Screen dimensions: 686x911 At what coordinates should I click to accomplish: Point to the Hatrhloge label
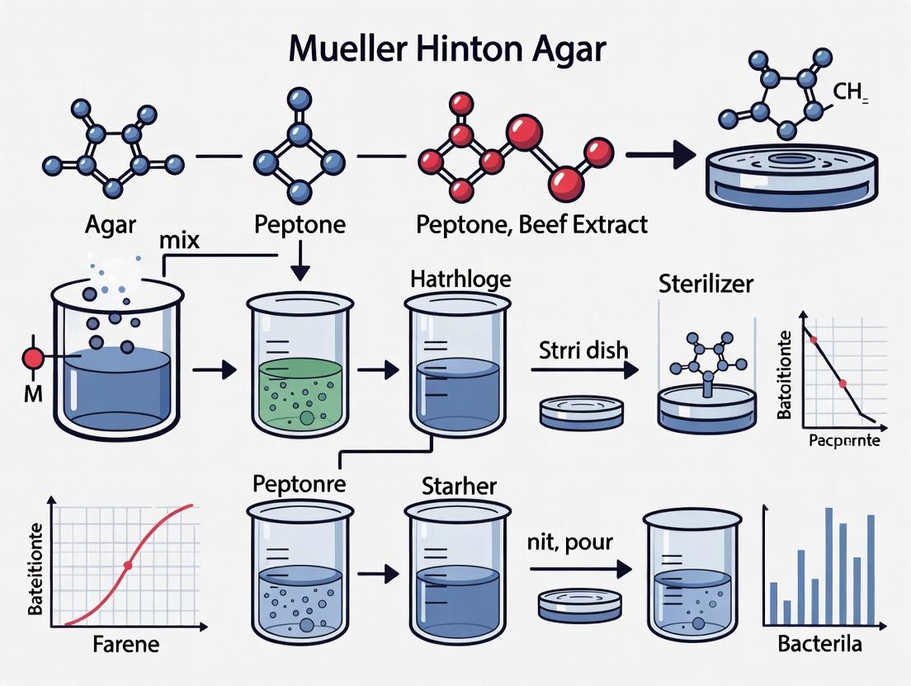click(x=460, y=280)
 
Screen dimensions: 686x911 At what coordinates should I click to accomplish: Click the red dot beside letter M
click(x=33, y=359)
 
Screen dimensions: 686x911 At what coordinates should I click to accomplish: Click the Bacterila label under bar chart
click(x=820, y=644)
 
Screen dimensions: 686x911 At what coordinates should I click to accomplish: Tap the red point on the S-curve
click(x=127, y=566)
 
